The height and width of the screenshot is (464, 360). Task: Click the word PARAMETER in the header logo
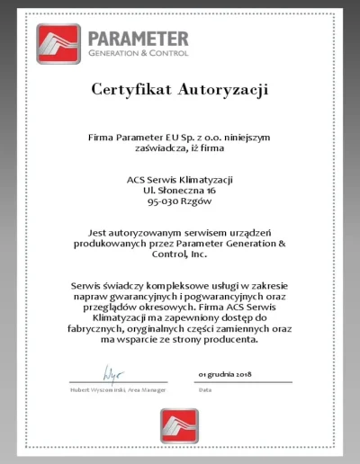pos(139,39)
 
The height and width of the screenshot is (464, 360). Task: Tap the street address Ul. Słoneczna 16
pos(179,192)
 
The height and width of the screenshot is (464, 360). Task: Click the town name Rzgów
pos(198,204)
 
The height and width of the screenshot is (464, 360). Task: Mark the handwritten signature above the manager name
pos(113,370)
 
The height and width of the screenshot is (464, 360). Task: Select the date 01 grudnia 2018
pos(224,372)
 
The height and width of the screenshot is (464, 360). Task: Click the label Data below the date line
pos(204,390)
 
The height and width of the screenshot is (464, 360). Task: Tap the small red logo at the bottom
pos(179,424)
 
